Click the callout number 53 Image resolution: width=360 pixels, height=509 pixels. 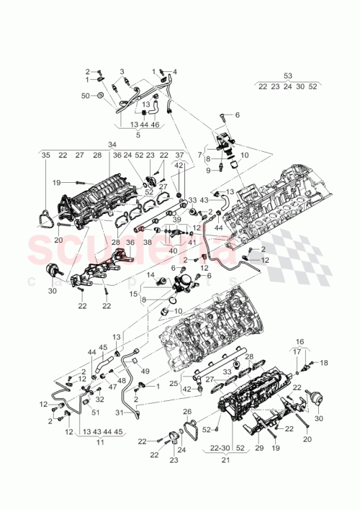click(288, 76)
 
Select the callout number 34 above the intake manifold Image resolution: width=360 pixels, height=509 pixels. click(112, 144)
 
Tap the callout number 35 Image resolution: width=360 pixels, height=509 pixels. click(45, 155)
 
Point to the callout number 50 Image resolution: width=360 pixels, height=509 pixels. click(84, 96)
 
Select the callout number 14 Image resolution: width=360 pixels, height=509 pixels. click(150, 275)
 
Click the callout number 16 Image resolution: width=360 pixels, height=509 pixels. click(300, 343)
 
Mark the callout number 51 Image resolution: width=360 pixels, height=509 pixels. click(94, 412)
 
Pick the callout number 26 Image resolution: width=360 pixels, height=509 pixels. click(188, 412)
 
